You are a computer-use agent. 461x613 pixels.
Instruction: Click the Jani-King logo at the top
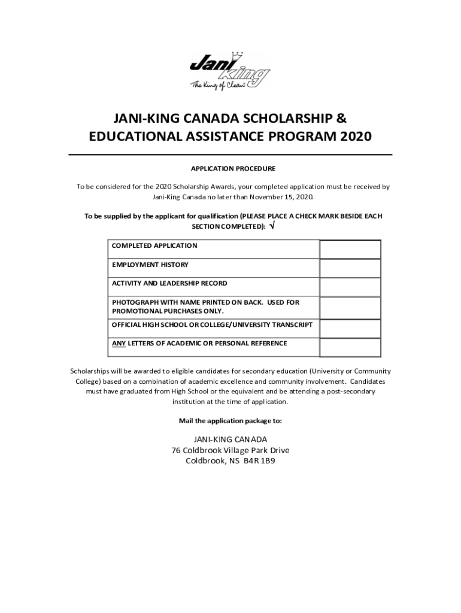[x=230, y=72]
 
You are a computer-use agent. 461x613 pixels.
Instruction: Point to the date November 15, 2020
[x=280, y=196]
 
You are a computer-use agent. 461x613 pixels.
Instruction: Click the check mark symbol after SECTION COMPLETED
[x=273, y=226]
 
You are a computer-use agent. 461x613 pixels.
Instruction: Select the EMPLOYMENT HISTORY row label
[x=150, y=265]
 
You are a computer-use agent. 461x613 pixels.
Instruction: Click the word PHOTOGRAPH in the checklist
[x=135, y=302]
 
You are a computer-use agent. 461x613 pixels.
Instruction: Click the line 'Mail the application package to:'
[x=230, y=421]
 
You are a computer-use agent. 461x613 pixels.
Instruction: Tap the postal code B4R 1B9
[x=259, y=461]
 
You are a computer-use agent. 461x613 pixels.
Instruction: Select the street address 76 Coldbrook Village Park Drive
[x=230, y=450]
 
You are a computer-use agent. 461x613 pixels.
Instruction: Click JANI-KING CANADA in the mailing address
[x=230, y=439]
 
